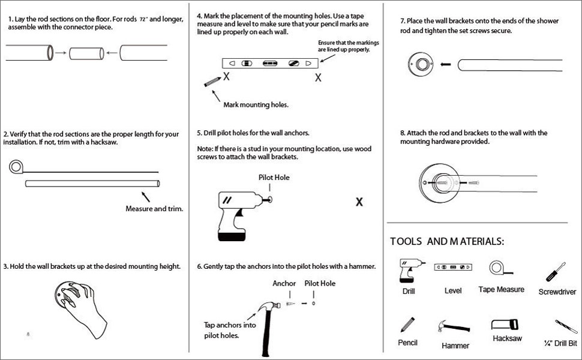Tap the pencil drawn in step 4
click(211, 81)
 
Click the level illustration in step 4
click(268, 63)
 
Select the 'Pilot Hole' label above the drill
click(274, 178)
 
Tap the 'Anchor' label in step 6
click(284, 283)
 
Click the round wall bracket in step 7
click(419, 63)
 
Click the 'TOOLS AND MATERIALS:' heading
click(447, 241)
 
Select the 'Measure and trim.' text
click(154, 209)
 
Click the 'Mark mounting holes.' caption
click(256, 104)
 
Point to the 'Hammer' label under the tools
click(455, 346)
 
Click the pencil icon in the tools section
click(407, 325)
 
